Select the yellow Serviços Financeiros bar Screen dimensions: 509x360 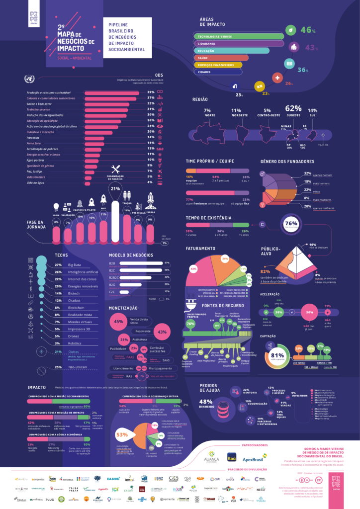pyautogui.click(x=219, y=65)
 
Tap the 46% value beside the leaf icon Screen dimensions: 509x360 pyautogui.click(x=307, y=30)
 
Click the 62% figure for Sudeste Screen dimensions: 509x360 pyautogui.click(x=293, y=109)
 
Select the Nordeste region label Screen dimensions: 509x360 pyautogui.click(x=239, y=115)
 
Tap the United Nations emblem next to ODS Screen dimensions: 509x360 pyautogui.click(x=29, y=79)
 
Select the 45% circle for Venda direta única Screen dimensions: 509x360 pyautogui.click(x=119, y=322)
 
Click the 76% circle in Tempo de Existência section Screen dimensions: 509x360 pyautogui.click(x=290, y=224)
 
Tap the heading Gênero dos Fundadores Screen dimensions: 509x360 pyautogui.click(x=287, y=162)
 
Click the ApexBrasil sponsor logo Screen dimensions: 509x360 pyautogui.click(x=257, y=459)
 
